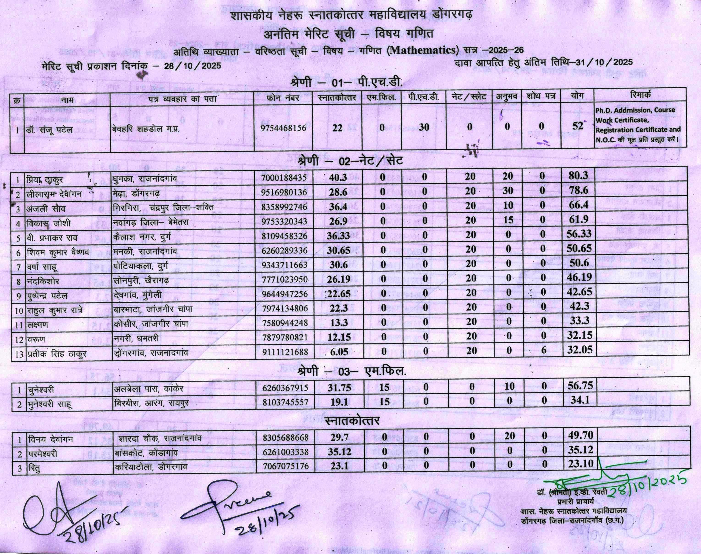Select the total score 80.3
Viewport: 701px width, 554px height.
point(578,176)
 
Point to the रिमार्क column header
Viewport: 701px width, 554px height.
point(641,95)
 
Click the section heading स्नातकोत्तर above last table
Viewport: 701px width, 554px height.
point(352,421)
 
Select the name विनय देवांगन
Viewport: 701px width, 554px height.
point(50,439)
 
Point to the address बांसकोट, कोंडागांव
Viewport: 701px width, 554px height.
point(146,452)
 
